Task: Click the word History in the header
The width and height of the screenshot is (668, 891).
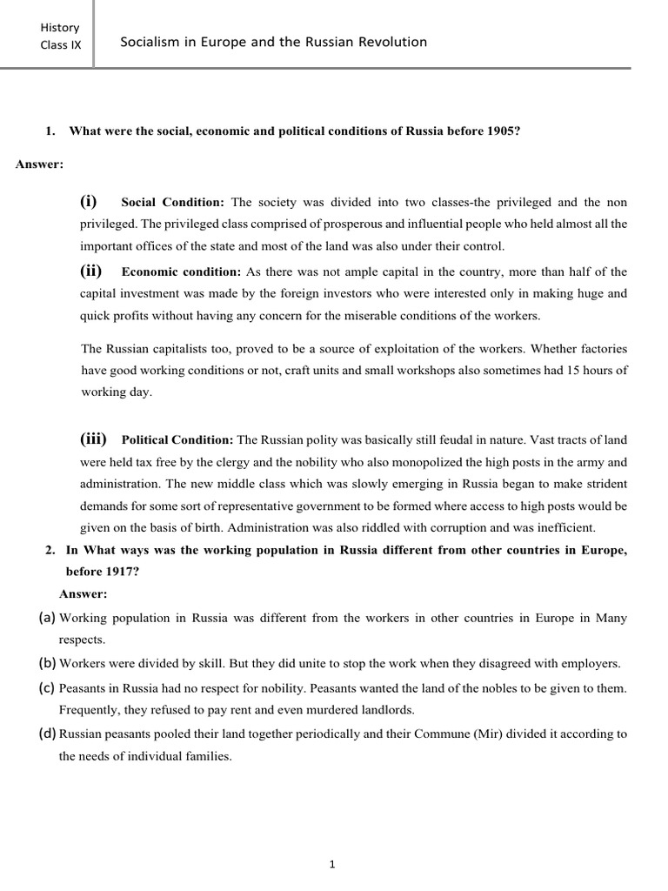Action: (x=59, y=27)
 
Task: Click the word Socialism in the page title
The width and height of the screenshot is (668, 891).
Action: (x=151, y=42)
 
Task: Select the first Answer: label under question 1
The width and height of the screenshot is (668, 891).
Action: (x=39, y=164)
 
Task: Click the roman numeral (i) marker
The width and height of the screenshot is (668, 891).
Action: (x=89, y=201)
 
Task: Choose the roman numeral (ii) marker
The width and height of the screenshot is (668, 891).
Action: (x=90, y=271)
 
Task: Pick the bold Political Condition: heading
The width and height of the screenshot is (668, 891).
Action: (x=177, y=439)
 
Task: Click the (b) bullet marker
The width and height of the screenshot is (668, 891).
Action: (x=47, y=663)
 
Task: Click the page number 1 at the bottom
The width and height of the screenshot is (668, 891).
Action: (x=333, y=864)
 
